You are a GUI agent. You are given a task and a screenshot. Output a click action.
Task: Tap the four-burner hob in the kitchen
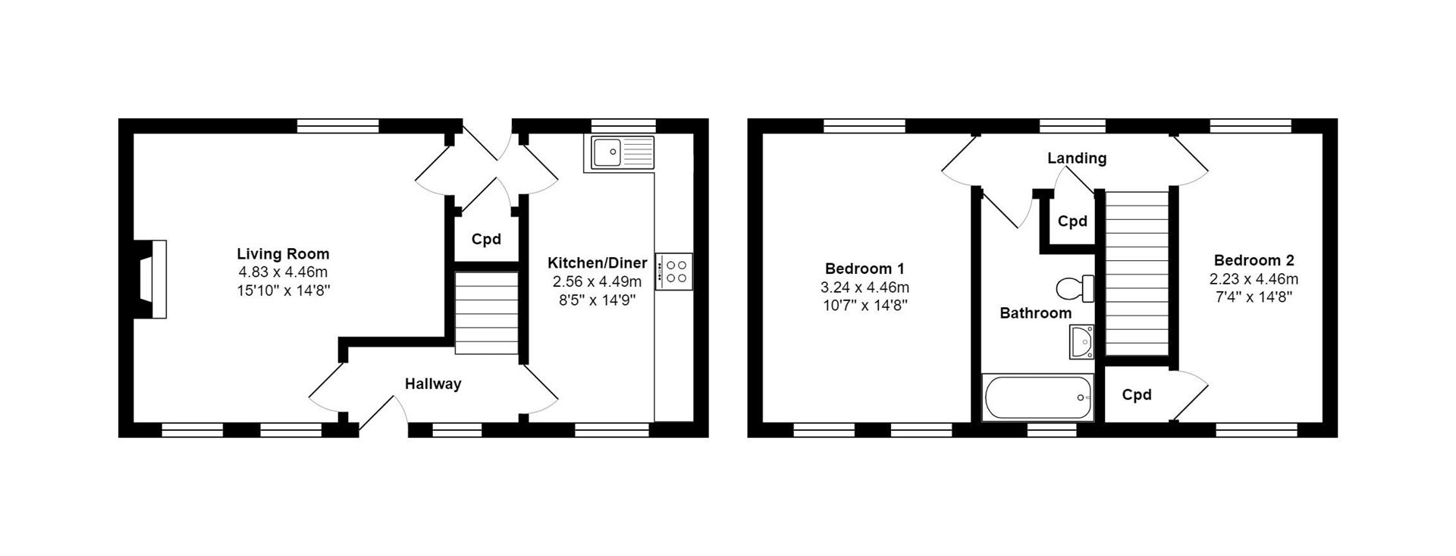click(673, 272)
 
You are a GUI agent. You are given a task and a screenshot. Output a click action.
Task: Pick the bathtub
click(1038, 397)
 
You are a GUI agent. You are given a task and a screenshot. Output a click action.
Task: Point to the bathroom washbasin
click(1082, 342)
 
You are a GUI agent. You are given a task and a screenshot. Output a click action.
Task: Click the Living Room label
click(283, 254)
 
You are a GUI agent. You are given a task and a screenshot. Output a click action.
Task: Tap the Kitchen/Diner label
click(598, 263)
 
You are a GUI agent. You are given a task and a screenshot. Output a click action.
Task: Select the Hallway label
click(432, 384)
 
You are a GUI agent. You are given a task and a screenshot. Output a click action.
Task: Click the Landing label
click(1077, 158)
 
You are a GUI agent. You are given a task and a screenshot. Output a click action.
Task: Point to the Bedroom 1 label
click(864, 269)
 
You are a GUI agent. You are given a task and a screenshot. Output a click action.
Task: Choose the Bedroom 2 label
click(1254, 260)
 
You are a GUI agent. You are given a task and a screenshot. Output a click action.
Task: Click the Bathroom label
click(1035, 313)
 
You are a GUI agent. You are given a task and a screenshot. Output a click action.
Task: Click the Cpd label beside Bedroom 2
click(1136, 394)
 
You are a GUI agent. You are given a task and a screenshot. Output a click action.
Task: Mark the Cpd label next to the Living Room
click(486, 240)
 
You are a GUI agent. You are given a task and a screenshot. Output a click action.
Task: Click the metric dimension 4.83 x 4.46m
click(283, 272)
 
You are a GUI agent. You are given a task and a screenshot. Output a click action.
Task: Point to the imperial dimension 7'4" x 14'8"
click(1254, 297)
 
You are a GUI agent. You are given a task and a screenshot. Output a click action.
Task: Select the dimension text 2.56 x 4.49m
click(597, 281)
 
